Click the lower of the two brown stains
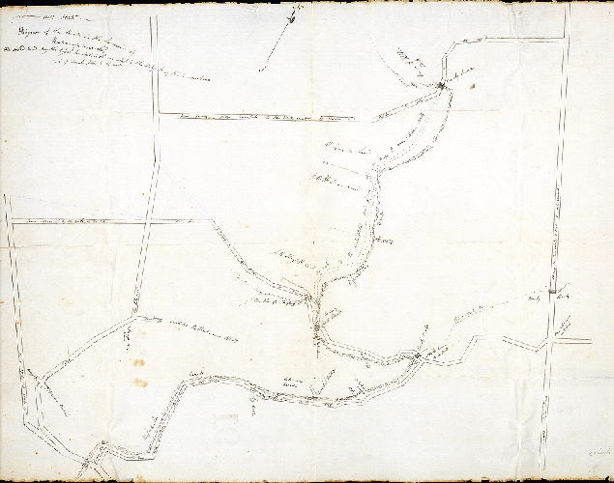tap(141, 384)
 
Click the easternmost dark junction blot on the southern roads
tap(415, 359)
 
